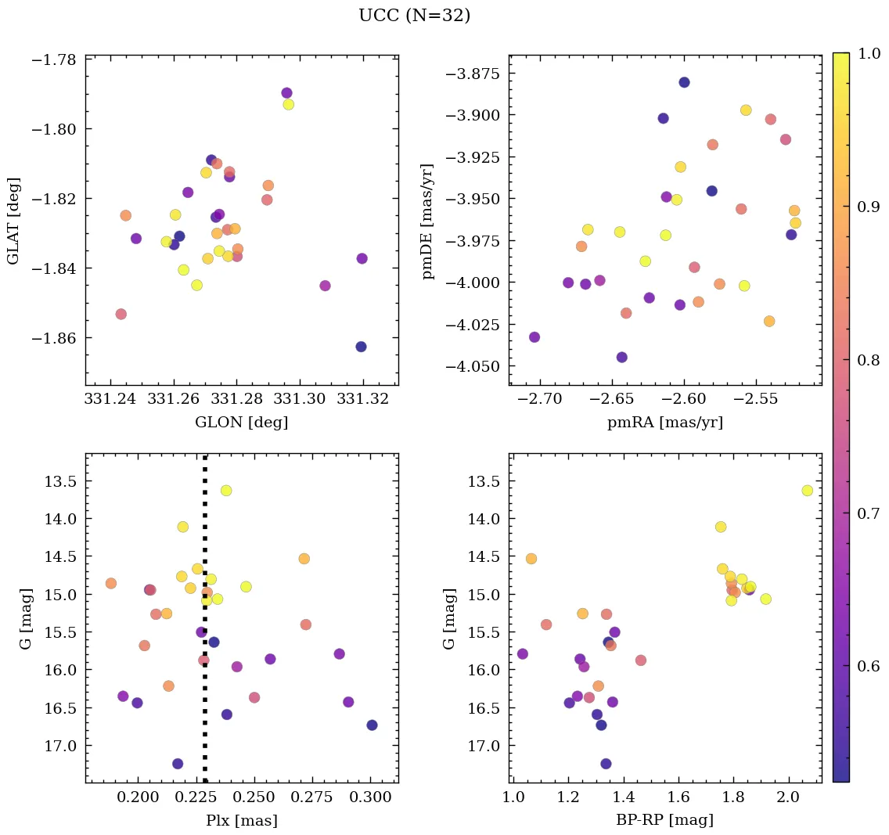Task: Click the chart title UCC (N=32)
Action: point(414,16)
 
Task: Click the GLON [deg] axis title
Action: point(241,423)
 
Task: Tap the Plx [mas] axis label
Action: point(241,821)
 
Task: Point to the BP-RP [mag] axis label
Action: point(665,821)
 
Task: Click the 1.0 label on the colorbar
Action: point(869,53)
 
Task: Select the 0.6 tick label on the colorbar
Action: point(869,667)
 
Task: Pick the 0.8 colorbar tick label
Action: point(869,360)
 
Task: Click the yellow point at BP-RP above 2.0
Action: point(807,491)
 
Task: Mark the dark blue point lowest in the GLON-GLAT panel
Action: point(361,347)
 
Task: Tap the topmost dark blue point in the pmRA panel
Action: point(684,82)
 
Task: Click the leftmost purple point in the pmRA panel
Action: point(534,337)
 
